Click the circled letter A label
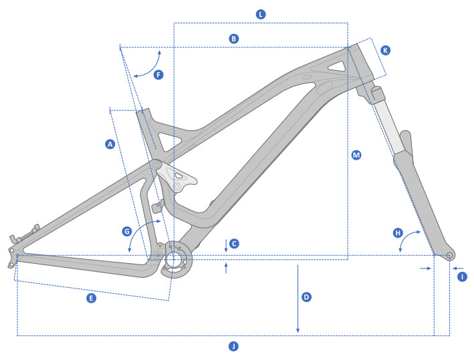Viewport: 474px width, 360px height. [x=110, y=144]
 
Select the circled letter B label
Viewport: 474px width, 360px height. [x=233, y=39]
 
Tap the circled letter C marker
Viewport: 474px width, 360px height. [x=234, y=244]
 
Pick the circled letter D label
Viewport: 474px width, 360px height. [x=306, y=297]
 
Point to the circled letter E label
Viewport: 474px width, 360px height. [x=92, y=298]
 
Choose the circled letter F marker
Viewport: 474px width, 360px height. [x=158, y=75]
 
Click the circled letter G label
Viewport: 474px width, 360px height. [x=126, y=231]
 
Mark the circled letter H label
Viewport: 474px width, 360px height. [x=398, y=233]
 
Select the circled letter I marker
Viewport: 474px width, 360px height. [x=461, y=276]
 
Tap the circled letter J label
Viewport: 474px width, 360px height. [x=233, y=346]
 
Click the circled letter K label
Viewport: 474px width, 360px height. [x=385, y=50]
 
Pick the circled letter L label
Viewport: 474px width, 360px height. [x=261, y=14]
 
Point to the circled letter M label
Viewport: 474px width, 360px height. [x=356, y=155]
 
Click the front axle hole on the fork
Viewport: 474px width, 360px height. [x=449, y=255]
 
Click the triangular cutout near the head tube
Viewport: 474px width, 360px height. [x=338, y=65]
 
